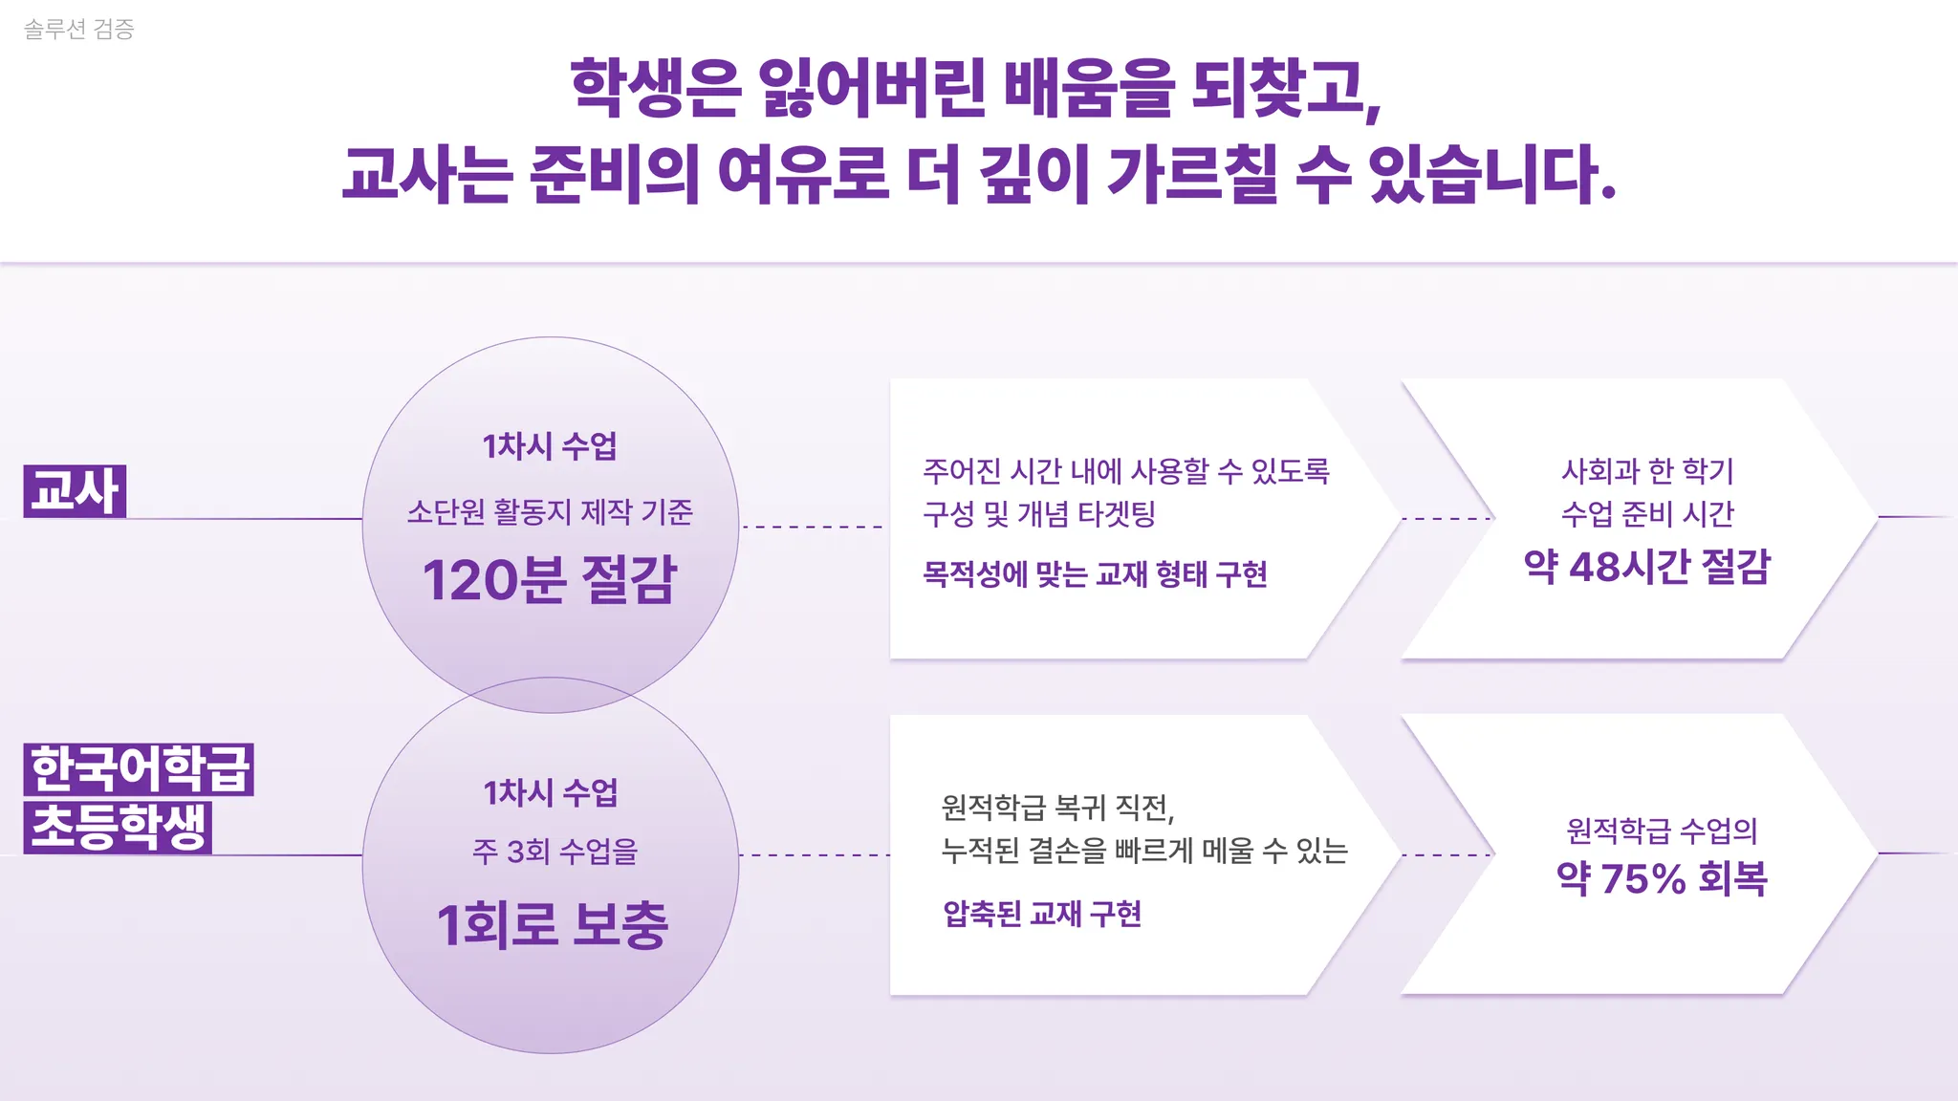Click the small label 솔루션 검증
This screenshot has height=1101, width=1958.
click(x=78, y=29)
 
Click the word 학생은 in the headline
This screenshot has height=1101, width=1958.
click(x=655, y=88)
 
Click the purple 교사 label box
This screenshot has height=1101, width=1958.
click(x=75, y=491)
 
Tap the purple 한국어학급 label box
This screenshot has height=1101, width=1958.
click(x=139, y=769)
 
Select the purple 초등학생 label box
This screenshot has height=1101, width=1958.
click(x=118, y=827)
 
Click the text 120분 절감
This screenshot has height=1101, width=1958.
click(x=550, y=579)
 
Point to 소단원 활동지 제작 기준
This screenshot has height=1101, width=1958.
click(x=550, y=512)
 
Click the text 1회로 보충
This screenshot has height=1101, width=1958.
click(x=552, y=925)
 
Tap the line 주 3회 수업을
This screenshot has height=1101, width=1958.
click(x=555, y=851)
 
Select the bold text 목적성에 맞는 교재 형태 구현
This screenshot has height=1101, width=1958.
click(x=1095, y=574)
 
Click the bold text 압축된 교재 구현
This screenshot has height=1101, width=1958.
click(x=1042, y=914)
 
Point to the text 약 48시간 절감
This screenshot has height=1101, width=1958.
click(x=1647, y=567)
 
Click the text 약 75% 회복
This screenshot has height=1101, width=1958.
click(x=1662, y=878)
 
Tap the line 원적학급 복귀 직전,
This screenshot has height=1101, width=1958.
click(x=1057, y=809)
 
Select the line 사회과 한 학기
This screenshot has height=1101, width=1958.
click(x=1647, y=470)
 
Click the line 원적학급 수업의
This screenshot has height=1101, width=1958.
click(x=1662, y=831)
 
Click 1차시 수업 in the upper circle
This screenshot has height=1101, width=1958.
click(x=550, y=446)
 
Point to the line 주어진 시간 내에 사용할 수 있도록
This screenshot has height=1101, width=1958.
click(x=1126, y=470)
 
